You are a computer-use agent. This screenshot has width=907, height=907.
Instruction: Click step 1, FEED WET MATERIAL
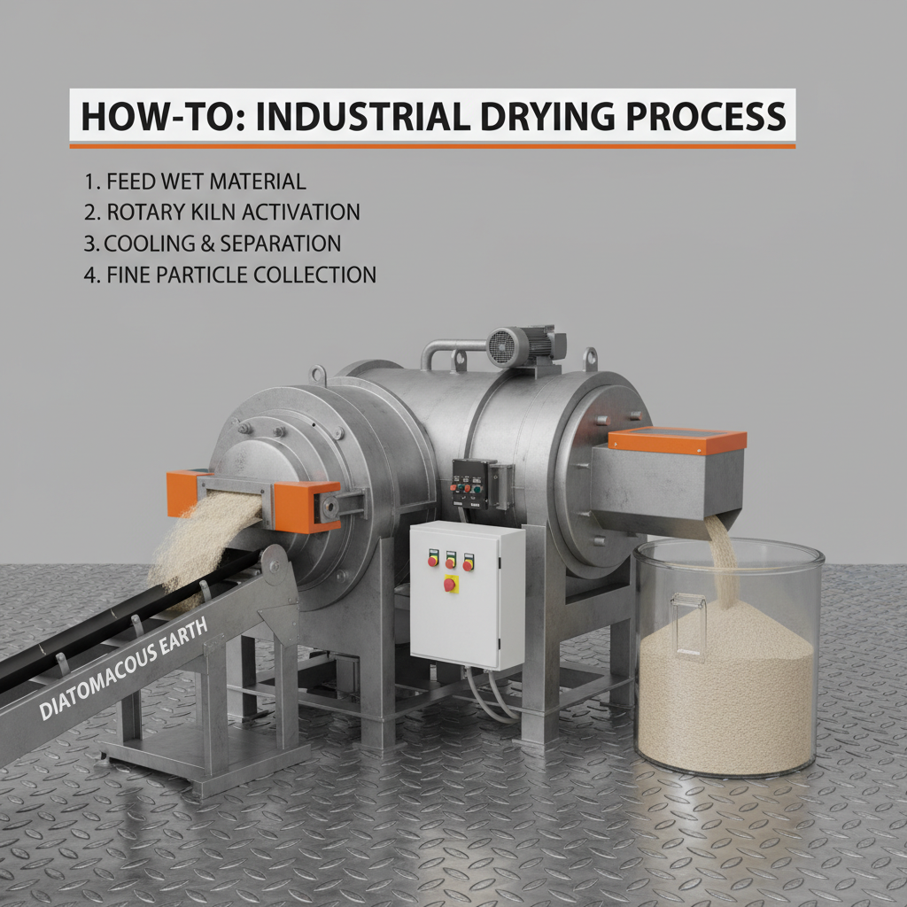click(x=195, y=182)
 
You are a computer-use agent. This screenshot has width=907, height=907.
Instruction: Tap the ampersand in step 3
click(x=207, y=244)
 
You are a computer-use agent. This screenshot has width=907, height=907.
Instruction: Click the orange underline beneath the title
click(x=432, y=146)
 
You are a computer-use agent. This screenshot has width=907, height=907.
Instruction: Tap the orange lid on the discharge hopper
click(x=678, y=441)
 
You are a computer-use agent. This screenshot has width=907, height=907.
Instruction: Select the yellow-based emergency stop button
click(x=450, y=585)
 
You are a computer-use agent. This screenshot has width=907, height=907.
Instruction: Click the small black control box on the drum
click(x=474, y=484)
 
